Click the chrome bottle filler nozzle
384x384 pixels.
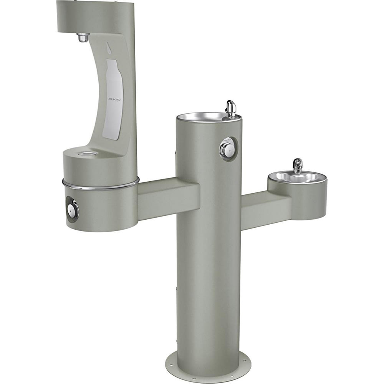click(83, 38)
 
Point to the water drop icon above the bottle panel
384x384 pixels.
click(109, 47)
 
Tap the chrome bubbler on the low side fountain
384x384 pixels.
click(297, 166)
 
